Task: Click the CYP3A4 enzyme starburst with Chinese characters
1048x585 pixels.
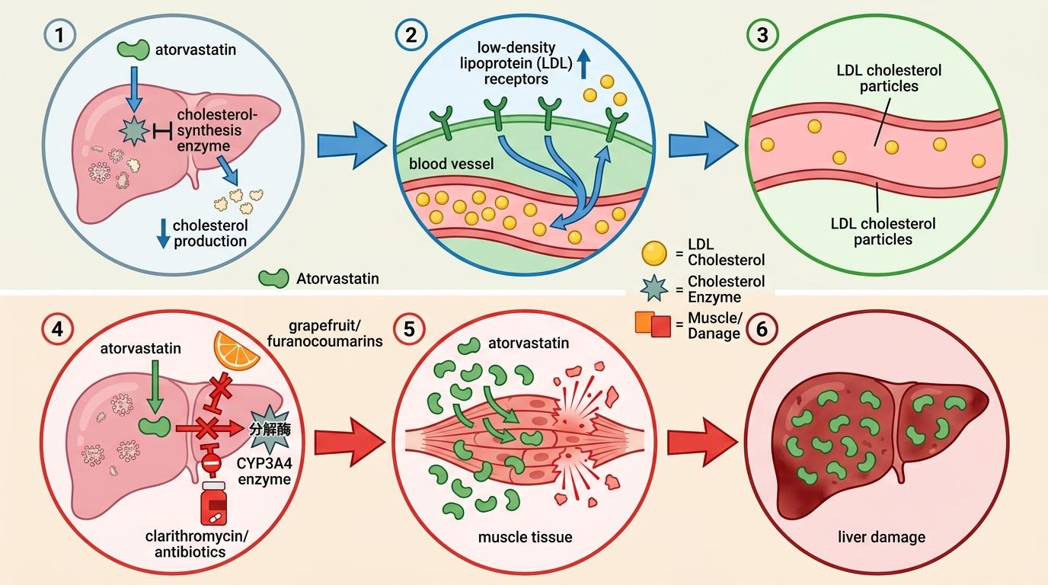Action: click(269, 430)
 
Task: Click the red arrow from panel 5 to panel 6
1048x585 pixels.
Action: click(701, 442)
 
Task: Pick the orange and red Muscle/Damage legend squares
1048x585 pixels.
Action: click(653, 325)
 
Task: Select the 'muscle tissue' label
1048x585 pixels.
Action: click(525, 537)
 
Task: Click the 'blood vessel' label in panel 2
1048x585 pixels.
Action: click(441, 164)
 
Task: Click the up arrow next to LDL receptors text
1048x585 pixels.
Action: click(584, 65)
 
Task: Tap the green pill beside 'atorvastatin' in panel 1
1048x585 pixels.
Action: click(134, 50)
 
